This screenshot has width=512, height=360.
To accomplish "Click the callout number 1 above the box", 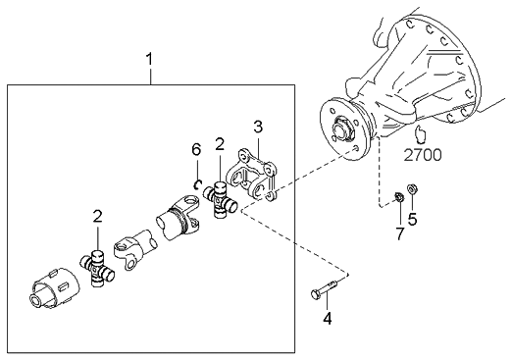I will coord(149,60).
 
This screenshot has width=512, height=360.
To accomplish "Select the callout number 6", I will coord(196,149).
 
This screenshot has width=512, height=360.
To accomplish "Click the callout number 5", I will coord(412,220).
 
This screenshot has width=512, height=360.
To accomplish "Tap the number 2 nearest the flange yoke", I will coord(220,144).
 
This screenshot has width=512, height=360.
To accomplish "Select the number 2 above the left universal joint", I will coord(97,216).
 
